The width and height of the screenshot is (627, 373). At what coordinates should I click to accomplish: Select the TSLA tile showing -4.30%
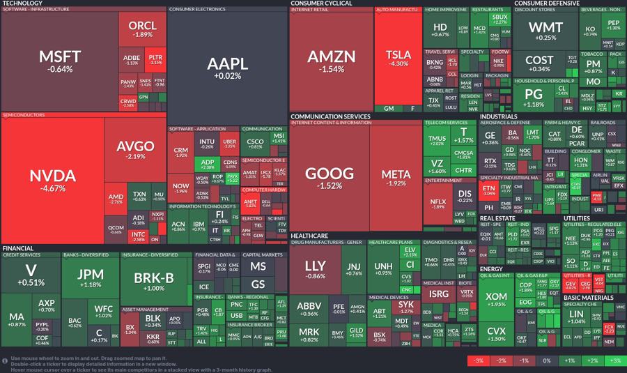pyautogui.click(x=398, y=59)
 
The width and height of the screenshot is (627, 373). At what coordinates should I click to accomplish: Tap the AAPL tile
pyautogui.click(x=227, y=66)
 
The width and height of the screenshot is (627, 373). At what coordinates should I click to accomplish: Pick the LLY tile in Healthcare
pyautogui.click(x=315, y=270)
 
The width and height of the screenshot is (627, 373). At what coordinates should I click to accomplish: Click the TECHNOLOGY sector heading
pyautogui.click(x=22, y=3)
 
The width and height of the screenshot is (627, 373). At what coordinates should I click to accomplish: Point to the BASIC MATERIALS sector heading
pyautogui.click(x=588, y=298)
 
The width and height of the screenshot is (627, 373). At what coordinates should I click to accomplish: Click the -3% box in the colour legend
pyautogui.click(x=479, y=360)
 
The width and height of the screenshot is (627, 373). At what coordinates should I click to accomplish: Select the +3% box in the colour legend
pyautogui.click(x=614, y=360)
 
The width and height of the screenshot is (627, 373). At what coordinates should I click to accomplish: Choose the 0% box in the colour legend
pyautogui.click(x=547, y=360)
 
